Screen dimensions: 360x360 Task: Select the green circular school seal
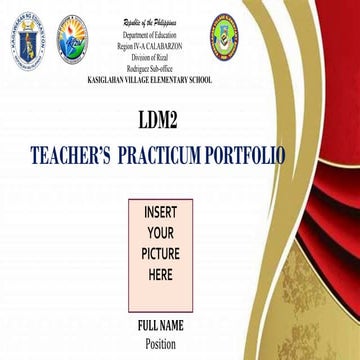pyautogui.click(x=225, y=38)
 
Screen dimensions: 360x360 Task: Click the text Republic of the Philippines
pyautogui.click(x=148, y=21)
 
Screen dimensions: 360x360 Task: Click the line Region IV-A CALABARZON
pyautogui.click(x=148, y=45)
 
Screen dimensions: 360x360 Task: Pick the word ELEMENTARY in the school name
pyautogui.click(x=163, y=78)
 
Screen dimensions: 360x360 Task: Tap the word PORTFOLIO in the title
pyautogui.click(x=245, y=156)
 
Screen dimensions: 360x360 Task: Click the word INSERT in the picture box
pyautogui.click(x=160, y=214)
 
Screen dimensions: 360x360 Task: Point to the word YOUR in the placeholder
pyautogui.click(x=160, y=233)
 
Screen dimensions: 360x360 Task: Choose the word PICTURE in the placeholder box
pyautogui.click(x=160, y=253)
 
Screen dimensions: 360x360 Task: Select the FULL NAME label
pyautogui.click(x=160, y=327)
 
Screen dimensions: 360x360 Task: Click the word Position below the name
pyautogui.click(x=160, y=345)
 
